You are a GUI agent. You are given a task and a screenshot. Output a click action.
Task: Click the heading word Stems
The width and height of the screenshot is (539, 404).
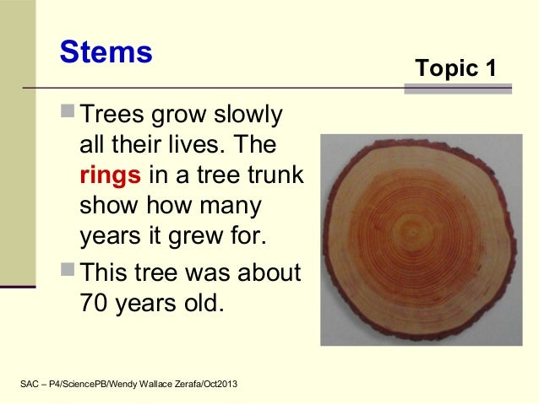106,52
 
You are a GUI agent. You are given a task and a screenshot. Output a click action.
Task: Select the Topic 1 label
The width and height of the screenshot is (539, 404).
455,69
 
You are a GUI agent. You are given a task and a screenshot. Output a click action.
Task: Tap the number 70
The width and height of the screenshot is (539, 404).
94,302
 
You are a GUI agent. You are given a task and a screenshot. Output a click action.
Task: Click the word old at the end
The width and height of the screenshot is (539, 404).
202,302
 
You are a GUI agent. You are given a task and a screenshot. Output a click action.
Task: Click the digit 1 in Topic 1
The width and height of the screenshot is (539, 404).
489,69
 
